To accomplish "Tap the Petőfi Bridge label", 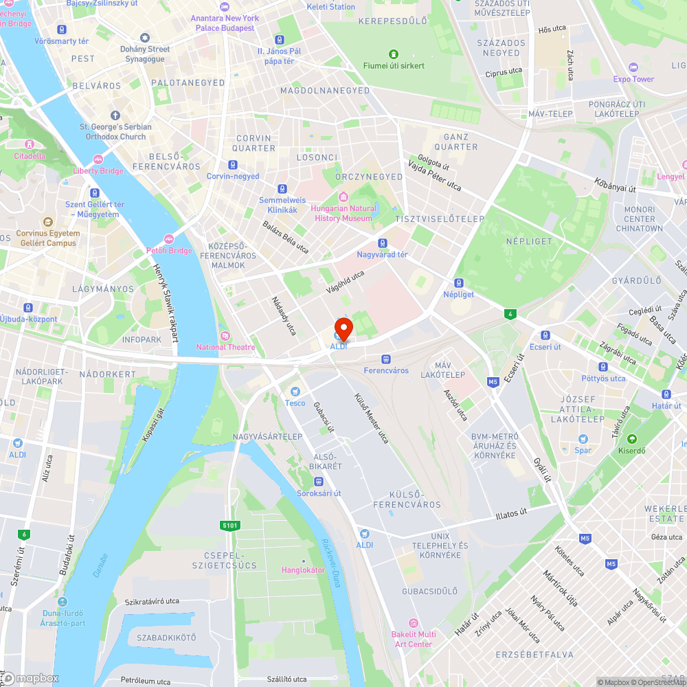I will (x=172, y=251).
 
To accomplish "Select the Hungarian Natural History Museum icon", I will (x=343, y=197).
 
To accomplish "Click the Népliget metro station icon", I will (x=458, y=282).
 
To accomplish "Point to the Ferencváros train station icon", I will (x=385, y=359).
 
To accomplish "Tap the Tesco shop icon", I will (x=295, y=391).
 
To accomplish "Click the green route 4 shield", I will (x=509, y=314).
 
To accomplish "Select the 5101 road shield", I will (x=230, y=526).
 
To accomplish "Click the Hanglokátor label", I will (x=303, y=570).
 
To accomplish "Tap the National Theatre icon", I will (x=225, y=335).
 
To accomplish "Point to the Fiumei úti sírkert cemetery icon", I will (x=394, y=54).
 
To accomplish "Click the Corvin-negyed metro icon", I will (x=233, y=165).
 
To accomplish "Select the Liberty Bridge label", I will (x=98, y=170).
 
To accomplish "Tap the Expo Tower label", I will (x=633, y=79).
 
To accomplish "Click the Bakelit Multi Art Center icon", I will (x=413, y=622).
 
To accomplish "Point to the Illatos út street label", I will (x=511, y=513).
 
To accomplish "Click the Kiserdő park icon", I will (x=631, y=439).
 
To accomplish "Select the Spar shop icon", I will (x=583, y=439).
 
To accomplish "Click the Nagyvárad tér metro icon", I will (x=382, y=243).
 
